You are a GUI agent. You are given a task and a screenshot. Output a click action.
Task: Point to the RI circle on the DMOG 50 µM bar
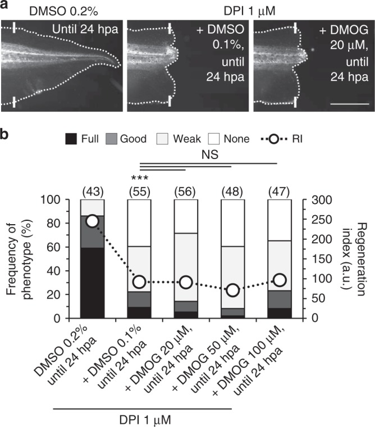click(233, 290)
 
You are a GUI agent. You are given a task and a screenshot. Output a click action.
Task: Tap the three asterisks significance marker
click(139, 179)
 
